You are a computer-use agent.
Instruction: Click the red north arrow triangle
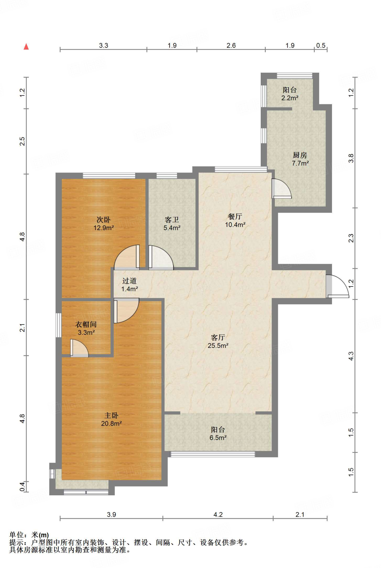[26, 47]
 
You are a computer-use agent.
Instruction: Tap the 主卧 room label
[111, 415]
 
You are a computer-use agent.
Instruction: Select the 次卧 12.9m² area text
[104, 228]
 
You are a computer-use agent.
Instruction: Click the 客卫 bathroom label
[172, 220]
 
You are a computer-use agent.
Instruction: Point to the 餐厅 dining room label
[235, 216]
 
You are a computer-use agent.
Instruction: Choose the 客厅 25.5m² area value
[218, 346]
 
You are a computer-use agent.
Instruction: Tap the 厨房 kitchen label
[300, 155]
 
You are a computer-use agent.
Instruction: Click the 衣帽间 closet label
[86, 324]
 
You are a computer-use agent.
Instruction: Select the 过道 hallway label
[129, 281]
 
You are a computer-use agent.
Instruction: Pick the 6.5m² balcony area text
[218, 438]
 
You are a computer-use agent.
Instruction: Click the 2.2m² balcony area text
[290, 98]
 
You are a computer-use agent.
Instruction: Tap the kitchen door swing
[282, 189]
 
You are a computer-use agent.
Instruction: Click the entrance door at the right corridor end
[337, 286]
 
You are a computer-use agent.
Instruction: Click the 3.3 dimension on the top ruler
[104, 45]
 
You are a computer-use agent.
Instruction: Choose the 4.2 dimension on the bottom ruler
[218, 515]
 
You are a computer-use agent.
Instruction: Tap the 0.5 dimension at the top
[321, 45]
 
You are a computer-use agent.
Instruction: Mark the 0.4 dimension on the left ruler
[22, 486]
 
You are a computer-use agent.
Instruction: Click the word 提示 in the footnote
[16, 542]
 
